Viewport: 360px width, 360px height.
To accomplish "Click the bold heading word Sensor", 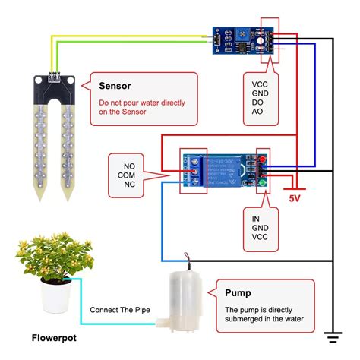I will (x=119, y=86).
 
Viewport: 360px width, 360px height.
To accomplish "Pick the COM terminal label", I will (x=125, y=173).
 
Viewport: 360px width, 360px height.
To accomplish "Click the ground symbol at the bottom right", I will (x=333, y=334).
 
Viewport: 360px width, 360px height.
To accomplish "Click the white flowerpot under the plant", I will (x=56, y=297).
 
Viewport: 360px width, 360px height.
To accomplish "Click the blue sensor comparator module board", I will (x=241, y=38).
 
